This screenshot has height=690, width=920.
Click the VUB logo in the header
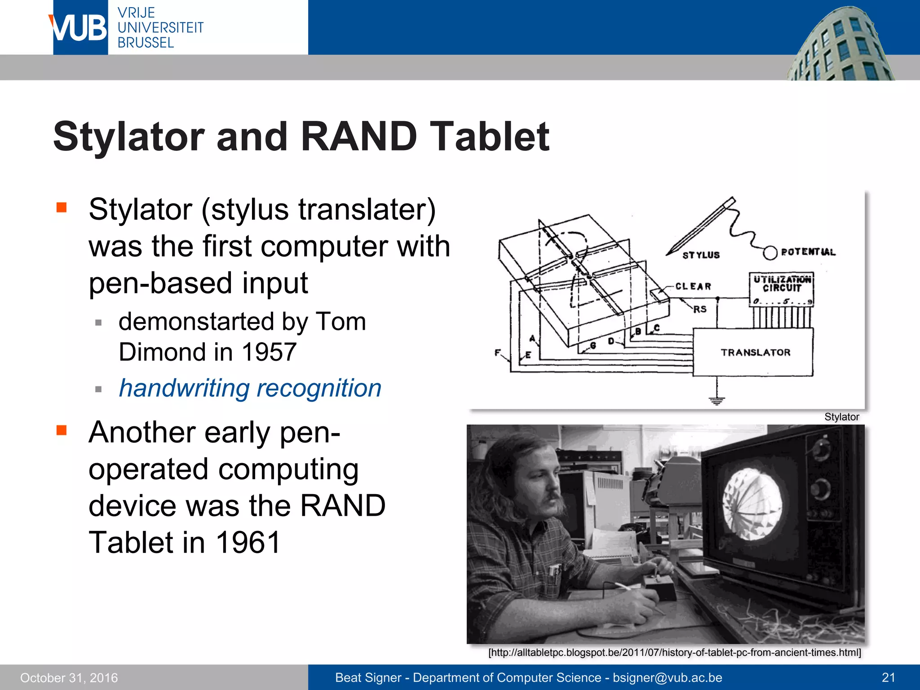80,28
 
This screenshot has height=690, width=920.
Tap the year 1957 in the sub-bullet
269,352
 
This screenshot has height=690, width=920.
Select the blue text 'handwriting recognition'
250,388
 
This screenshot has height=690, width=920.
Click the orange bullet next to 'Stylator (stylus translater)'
62,208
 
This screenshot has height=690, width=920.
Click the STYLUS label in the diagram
701,255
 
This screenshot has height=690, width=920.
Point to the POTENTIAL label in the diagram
808,252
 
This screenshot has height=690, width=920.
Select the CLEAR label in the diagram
693,286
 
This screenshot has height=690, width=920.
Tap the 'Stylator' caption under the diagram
841,417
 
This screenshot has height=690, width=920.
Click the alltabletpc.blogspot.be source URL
674,652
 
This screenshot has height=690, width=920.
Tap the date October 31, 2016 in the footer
69,677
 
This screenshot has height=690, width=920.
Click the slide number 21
888,677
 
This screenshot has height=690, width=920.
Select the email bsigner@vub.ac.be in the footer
668,677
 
